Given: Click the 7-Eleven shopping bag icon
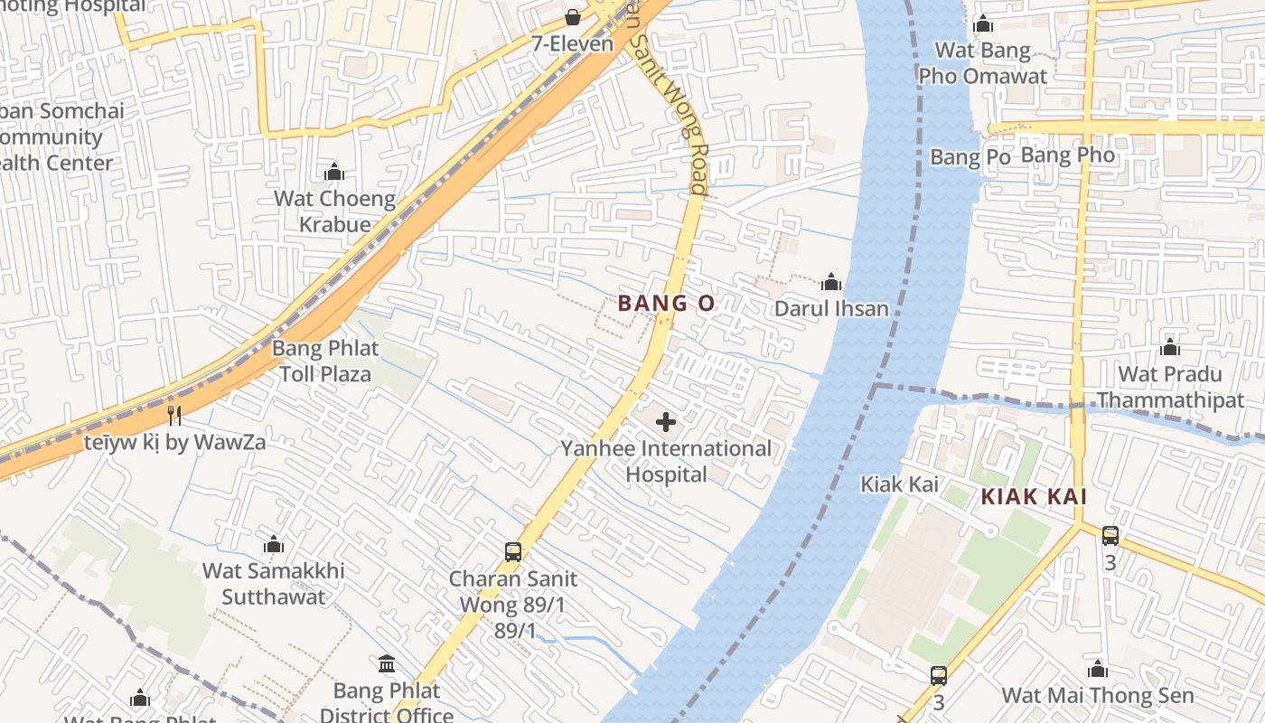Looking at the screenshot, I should coord(572,16).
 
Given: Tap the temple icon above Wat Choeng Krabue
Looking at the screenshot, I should coord(334,172).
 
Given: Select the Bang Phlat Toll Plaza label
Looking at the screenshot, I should coord(325,361).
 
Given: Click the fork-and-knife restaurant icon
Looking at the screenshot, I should coord(174,416).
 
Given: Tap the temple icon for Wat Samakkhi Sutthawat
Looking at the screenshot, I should coord(274,544).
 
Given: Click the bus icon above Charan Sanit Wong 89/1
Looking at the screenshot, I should coord(512,551).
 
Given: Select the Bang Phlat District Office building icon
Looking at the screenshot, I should coord(387,664).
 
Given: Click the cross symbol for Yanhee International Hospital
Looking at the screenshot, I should coord(666,422).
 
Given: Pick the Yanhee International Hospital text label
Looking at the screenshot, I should coord(667,461).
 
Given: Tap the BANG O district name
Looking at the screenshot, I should coord(666,304).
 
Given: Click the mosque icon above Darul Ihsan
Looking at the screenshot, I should coord(831,282).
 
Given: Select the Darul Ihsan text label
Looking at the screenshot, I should coord(831,309).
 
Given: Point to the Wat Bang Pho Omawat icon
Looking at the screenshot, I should coord(982,23).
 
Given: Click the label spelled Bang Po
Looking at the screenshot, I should coord(970,157).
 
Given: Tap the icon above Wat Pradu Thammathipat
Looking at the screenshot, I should coord(1170,347).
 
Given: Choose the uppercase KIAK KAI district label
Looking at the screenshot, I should coord(1034,496).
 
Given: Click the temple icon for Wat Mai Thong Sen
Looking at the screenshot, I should coord(1098,669).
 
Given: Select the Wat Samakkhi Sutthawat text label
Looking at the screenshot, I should coord(273,584).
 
